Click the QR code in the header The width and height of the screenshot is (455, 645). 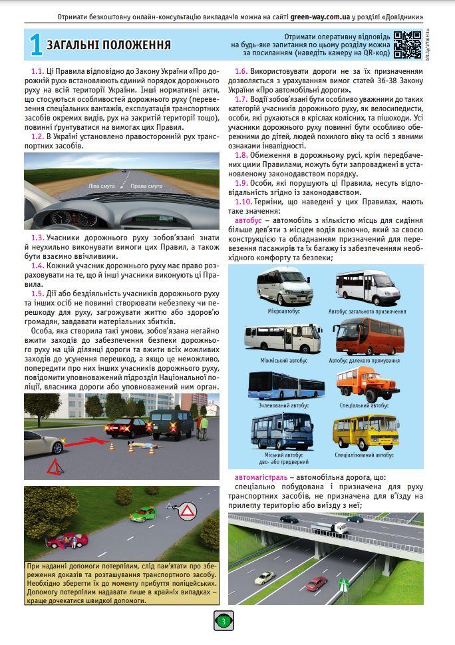(x=408, y=45)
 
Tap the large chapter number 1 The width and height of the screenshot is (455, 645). (x=35, y=45)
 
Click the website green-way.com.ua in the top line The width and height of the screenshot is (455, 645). (x=316, y=15)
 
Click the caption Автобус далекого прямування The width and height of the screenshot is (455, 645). (x=365, y=361)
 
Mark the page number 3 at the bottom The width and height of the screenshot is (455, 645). (x=224, y=622)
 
